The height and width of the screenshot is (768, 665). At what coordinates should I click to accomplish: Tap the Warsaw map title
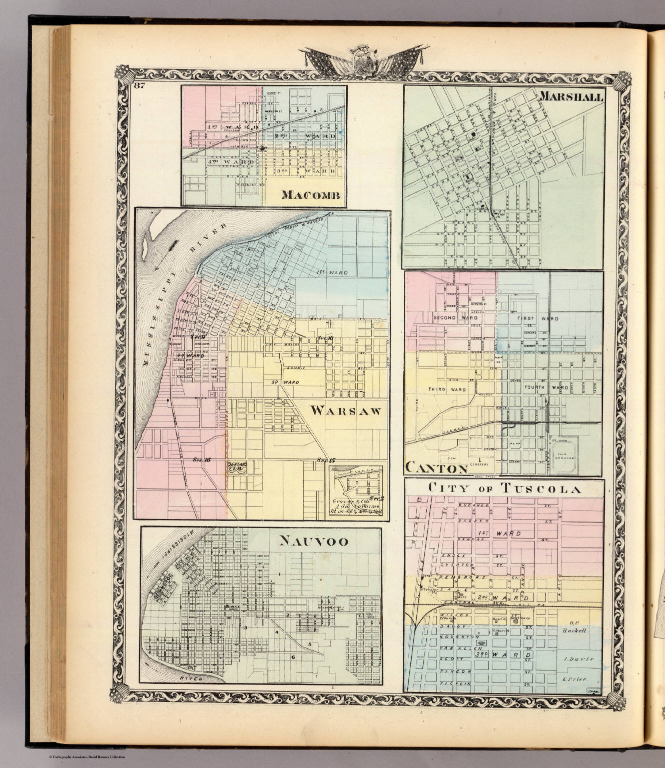[346, 411]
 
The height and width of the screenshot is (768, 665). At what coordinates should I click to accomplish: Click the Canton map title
[435, 468]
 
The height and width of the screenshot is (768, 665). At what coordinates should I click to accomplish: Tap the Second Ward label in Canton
[449, 318]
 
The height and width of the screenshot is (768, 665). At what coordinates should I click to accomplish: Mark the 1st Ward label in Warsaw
[342, 272]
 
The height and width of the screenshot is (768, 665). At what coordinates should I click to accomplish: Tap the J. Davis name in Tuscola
[579, 659]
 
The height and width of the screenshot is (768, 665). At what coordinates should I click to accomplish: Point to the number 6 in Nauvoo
[293, 656]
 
